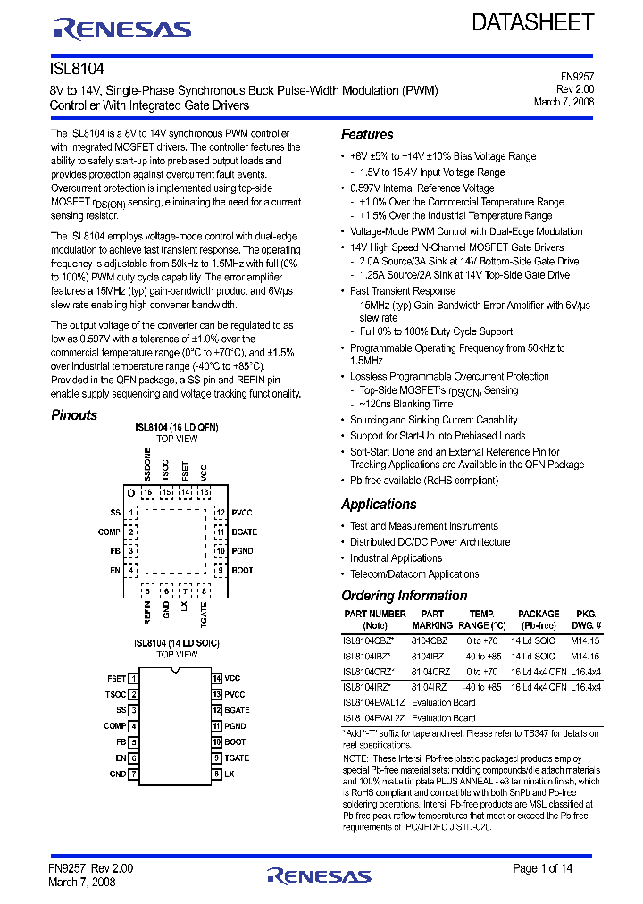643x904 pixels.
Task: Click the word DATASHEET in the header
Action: click(532, 22)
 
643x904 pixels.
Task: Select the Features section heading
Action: click(367, 135)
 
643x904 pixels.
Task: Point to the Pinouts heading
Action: click(74, 415)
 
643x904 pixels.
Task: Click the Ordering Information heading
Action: click(404, 596)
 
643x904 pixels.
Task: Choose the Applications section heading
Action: click(379, 505)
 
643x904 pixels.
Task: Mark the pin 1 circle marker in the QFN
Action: click(131, 492)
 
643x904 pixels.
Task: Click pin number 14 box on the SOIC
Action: click(216, 679)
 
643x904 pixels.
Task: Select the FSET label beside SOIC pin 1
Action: click(116, 679)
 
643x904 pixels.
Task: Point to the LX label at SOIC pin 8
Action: click(230, 774)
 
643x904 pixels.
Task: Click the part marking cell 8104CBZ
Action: click(431, 640)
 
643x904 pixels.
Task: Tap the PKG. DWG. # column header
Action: click(586, 620)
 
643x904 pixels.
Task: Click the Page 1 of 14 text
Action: click(543, 868)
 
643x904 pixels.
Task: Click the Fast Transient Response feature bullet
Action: click(402, 291)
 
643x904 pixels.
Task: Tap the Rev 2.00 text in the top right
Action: click(575, 89)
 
